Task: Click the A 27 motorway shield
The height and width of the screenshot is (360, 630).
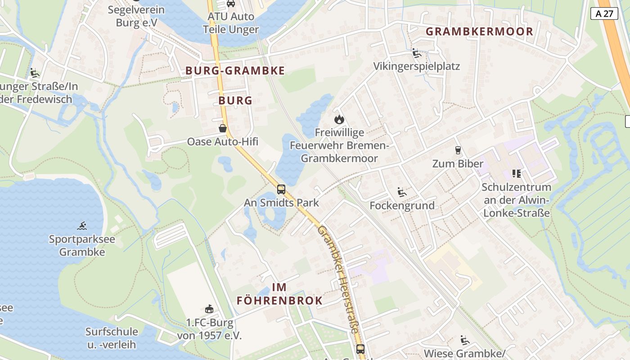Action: (x=604, y=13)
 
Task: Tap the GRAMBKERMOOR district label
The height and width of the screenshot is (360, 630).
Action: (x=479, y=31)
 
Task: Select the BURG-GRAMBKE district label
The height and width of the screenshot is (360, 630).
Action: (x=235, y=71)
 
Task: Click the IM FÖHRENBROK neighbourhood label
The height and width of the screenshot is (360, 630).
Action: (x=279, y=294)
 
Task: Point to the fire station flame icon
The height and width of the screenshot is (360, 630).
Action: (x=339, y=120)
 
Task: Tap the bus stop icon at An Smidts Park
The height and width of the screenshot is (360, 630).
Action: (x=281, y=189)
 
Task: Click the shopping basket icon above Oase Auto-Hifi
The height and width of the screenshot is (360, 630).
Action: (x=223, y=129)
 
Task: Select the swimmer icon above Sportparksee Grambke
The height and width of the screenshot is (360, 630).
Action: (x=82, y=225)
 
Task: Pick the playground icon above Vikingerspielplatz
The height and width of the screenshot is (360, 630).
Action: (x=417, y=54)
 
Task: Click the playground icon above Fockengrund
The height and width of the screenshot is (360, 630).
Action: (x=402, y=193)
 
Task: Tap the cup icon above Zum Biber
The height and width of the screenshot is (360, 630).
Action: (x=458, y=150)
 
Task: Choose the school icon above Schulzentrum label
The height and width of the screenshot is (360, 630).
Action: (x=516, y=173)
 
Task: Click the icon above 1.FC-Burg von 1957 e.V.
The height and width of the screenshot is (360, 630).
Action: (x=209, y=309)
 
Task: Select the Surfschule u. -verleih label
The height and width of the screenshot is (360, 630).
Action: (x=112, y=338)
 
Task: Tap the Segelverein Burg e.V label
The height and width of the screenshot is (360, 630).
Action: (x=136, y=16)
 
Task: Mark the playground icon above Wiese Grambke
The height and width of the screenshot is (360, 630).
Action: (x=464, y=340)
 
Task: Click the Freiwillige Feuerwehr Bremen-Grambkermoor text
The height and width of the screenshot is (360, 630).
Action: (x=339, y=145)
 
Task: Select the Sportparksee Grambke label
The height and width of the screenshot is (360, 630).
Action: (x=82, y=245)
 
